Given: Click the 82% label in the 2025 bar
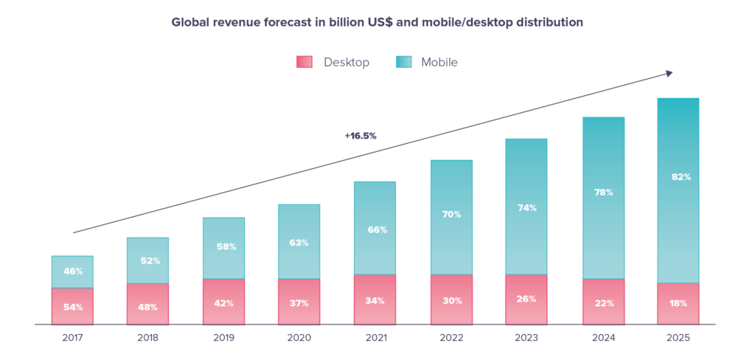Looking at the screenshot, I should point(678,177).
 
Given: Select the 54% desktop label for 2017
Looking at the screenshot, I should point(72,307).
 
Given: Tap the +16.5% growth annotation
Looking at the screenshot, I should point(360,136).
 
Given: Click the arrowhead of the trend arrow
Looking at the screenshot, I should point(669,72).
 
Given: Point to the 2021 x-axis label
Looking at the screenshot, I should point(375,337).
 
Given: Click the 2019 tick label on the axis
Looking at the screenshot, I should point(223,337).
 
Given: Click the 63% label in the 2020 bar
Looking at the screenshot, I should point(299,243).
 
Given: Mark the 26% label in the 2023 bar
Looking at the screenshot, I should point(526,299).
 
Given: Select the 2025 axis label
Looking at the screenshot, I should point(678,337).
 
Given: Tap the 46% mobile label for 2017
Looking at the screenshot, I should point(72,271).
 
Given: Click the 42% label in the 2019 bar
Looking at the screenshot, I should point(223,302).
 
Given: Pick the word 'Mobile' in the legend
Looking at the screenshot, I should point(439,63).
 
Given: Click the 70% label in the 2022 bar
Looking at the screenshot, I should point(451,215).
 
